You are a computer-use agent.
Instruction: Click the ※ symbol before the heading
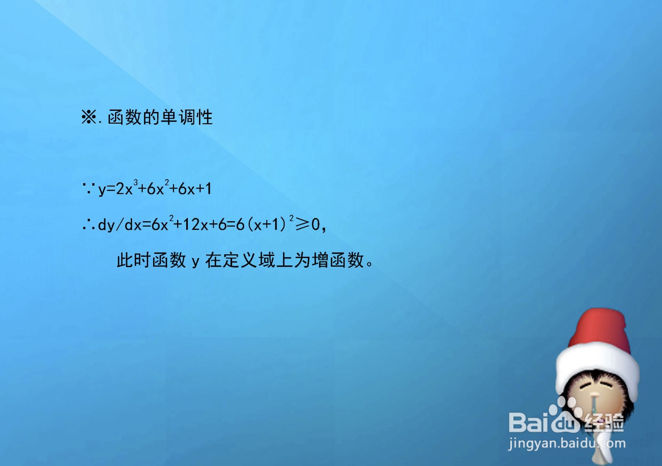(89, 117)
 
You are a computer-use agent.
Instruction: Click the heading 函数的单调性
(160, 117)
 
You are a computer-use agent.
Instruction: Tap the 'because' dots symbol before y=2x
(89, 189)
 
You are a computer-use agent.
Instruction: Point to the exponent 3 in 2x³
(135, 182)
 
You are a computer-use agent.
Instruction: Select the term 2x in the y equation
(124, 189)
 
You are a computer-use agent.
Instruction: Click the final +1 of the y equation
(204, 189)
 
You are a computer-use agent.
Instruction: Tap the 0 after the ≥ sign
(316, 225)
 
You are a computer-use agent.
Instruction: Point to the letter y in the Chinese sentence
(195, 262)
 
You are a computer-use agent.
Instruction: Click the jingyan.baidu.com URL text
(567, 444)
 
